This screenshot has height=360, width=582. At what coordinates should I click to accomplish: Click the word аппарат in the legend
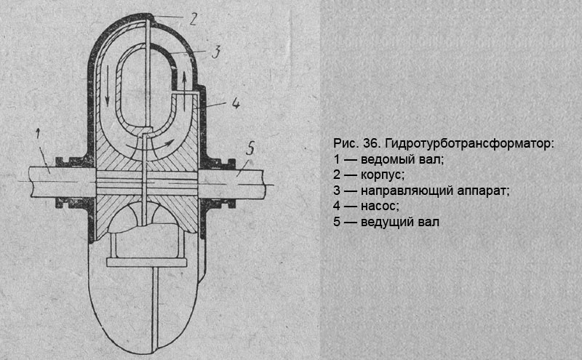click(482, 191)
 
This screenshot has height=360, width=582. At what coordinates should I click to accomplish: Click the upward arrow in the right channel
click(187, 80)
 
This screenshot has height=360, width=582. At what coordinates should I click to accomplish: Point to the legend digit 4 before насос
click(337, 206)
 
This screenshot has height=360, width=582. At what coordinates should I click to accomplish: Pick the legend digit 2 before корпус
click(337, 175)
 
